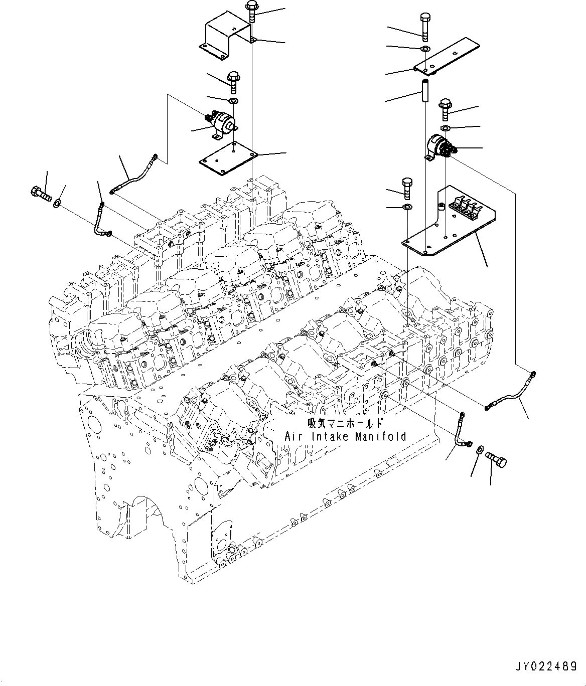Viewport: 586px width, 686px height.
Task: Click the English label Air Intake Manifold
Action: pyautogui.click(x=345, y=436)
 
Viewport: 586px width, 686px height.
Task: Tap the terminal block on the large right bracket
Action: pyautogui.click(x=466, y=206)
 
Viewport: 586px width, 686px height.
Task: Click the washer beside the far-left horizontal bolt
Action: pyautogui.click(x=58, y=203)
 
